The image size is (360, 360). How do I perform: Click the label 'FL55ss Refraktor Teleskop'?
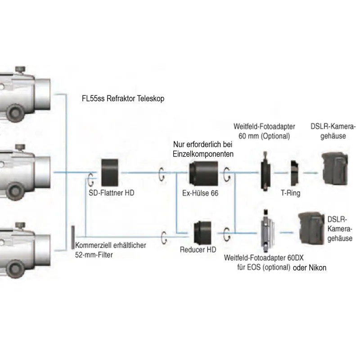click(x=121, y=98)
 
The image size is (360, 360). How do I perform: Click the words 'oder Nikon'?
click(x=310, y=268)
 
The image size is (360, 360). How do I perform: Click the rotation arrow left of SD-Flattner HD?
click(x=91, y=178)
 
